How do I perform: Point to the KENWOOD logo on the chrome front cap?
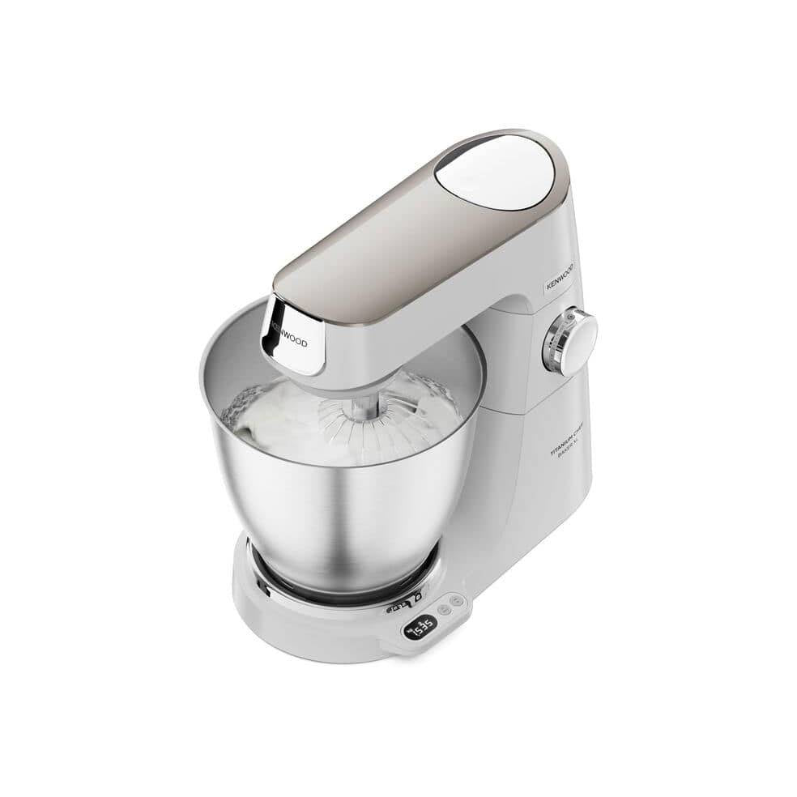288,332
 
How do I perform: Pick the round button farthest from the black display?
458,600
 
